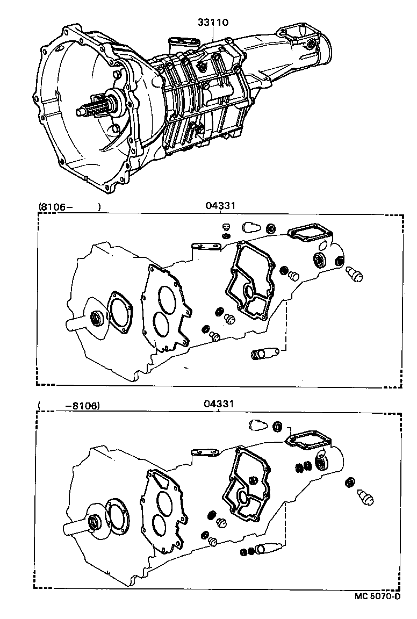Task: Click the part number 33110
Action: tap(214, 23)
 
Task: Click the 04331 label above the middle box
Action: tap(221, 206)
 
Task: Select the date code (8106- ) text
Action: tap(69, 206)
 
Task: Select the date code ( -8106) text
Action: tap(69, 406)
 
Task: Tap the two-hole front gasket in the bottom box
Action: tap(161, 509)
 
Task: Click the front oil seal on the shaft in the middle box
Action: tap(97, 318)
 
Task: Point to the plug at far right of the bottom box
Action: tap(365, 497)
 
